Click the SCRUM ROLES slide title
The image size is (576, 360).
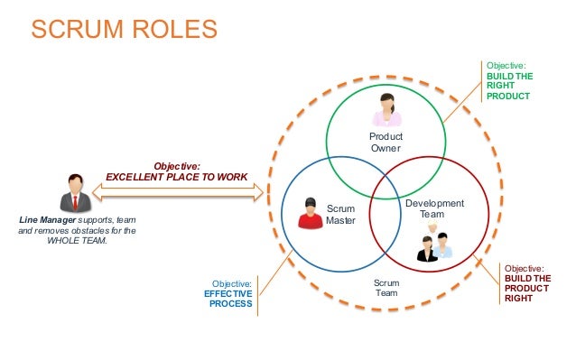click(x=125, y=30)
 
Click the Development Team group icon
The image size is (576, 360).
click(x=432, y=243)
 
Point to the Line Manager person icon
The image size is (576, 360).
click(x=74, y=193)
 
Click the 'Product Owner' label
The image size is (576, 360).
click(x=386, y=143)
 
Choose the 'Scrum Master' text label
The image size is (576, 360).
click(x=340, y=215)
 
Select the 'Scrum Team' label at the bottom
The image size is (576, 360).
click(x=386, y=288)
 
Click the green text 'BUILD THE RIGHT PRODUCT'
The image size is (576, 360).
click(x=510, y=86)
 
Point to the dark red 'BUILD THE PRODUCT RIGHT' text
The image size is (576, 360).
click(x=527, y=289)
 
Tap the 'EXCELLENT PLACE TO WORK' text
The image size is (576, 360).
click(x=177, y=177)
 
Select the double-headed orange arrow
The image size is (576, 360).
click(x=177, y=191)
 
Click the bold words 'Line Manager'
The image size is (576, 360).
click(x=47, y=220)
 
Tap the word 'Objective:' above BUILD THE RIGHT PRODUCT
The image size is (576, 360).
click(x=506, y=66)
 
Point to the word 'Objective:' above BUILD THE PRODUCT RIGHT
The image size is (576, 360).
click(x=524, y=268)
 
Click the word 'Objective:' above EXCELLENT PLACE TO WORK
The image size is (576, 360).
click(x=177, y=166)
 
